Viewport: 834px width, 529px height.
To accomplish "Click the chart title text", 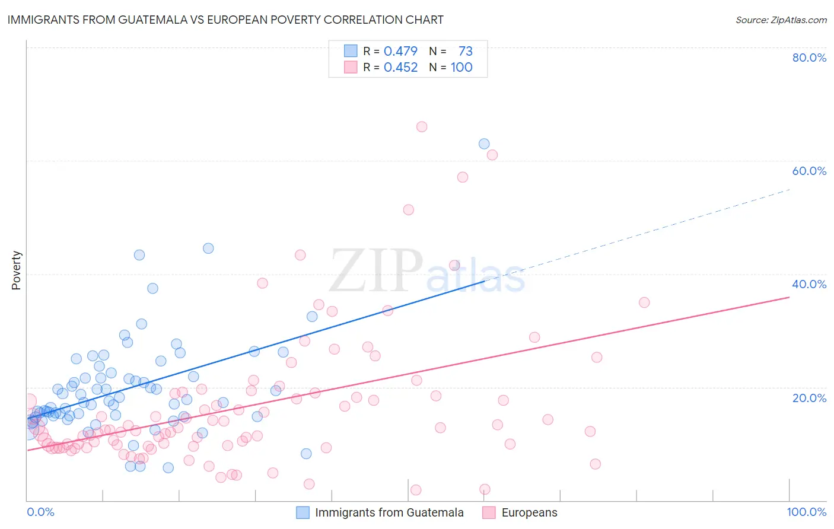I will pyautogui.click(x=225, y=20).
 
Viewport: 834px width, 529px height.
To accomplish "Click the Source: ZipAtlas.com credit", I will pyautogui.click(x=781, y=20).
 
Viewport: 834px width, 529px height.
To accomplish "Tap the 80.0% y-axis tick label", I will pyautogui.click(x=809, y=58).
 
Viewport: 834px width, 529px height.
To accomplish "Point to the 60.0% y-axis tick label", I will pyautogui.click(x=809, y=171).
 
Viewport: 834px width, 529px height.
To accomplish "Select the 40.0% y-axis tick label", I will pyautogui.click(x=809, y=284).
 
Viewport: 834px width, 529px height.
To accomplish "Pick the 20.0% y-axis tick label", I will pyautogui.click(x=809, y=398).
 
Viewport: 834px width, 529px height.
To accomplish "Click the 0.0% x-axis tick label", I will pyautogui.click(x=40, y=512).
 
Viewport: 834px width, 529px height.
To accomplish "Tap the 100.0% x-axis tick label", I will pyautogui.click(x=806, y=512).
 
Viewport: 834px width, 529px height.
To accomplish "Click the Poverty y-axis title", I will pyautogui.click(x=16, y=270).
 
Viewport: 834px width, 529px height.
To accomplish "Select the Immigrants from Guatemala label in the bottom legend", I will pyautogui.click(x=389, y=512).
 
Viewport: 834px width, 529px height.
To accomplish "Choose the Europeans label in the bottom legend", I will pyautogui.click(x=529, y=512).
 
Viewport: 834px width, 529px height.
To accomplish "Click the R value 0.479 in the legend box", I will pyautogui.click(x=400, y=51).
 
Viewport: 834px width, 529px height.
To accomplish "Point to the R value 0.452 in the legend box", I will pyautogui.click(x=400, y=67).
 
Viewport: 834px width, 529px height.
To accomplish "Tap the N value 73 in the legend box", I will pyautogui.click(x=465, y=51).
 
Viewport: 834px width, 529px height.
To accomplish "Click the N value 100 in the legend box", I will pyautogui.click(x=461, y=67).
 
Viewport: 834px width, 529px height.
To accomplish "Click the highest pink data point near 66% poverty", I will pyautogui.click(x=422, y=126).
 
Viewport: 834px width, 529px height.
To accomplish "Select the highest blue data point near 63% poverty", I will pyautogui.click(x=484, y=144).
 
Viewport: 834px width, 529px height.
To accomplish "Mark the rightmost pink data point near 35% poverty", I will pyautogui.click(x=644, y=302).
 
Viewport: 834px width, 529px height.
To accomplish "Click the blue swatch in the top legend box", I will pyautogui.click(x=351, y=51).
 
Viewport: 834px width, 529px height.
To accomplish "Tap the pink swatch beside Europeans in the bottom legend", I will pyautogui.click(x=489, y=512).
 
